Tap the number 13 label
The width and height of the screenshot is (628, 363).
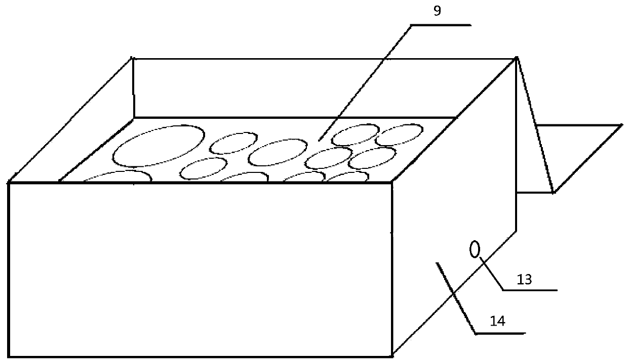(524, 280)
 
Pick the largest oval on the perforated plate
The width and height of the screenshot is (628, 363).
(159, 146)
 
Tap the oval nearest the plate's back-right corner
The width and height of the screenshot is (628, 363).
(400, 134)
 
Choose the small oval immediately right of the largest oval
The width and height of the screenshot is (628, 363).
(234, 144)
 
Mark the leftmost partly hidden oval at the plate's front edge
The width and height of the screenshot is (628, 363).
(117, 176)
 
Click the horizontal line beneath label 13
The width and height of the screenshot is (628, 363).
(530, 290)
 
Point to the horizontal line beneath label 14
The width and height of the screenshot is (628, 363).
(499, 333)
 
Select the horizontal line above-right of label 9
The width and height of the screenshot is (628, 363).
(441, 24)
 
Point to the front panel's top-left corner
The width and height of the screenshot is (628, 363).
(9, 183)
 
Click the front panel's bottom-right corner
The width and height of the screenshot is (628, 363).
(392, 354)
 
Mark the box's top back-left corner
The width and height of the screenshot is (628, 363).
(133, 59)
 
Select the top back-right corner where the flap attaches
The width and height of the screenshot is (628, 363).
(516, 58)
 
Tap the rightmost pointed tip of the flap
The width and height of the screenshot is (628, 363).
(621, 124)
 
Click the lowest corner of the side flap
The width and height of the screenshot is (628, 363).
(553, 193)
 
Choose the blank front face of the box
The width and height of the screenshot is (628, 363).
(201, 268)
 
